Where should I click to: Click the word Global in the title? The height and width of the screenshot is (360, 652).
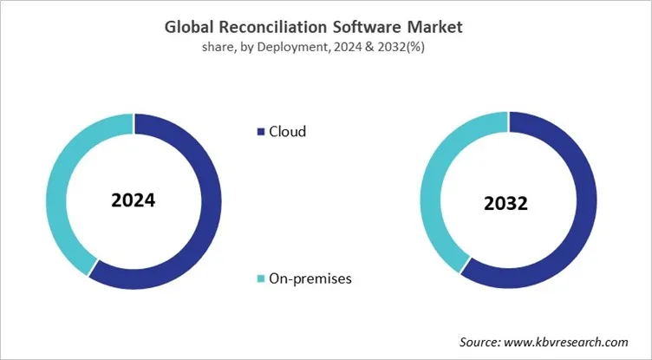point(190,28)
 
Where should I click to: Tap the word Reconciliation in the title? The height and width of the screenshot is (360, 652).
point(271,28)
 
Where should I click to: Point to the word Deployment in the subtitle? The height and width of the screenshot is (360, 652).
point(299,48)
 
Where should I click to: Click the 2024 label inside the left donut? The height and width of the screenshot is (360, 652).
point(133,200)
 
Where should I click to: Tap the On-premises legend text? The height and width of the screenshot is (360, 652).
point(310,278)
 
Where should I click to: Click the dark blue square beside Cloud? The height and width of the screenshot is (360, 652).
point(260,133)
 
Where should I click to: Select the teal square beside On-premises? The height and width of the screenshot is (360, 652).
point(260,278)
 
